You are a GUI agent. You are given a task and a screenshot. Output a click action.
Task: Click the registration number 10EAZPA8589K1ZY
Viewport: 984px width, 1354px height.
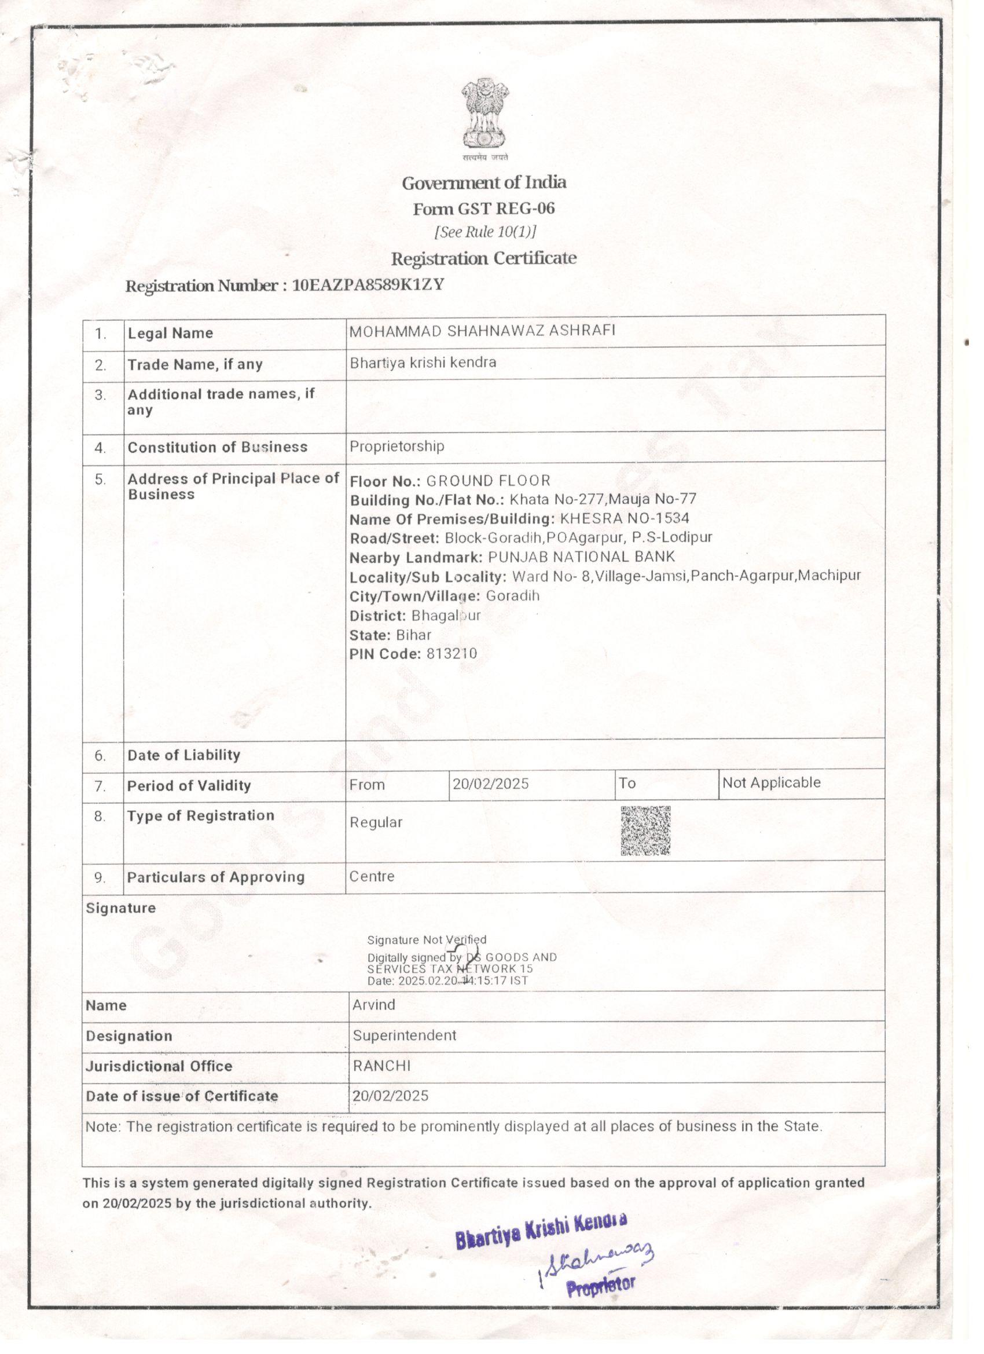coord(368,285)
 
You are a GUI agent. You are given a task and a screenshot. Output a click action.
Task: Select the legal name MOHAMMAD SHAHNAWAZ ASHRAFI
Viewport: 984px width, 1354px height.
coord(482,331)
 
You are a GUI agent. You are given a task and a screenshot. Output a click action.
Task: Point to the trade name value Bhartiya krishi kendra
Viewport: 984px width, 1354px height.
coord(423,363)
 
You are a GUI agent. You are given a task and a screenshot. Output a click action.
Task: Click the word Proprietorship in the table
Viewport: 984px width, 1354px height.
coord(397,446)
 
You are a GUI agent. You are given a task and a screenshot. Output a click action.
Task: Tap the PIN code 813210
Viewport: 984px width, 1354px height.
coord(451,654)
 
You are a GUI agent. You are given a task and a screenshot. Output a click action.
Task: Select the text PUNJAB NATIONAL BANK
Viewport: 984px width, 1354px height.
coord(581,557)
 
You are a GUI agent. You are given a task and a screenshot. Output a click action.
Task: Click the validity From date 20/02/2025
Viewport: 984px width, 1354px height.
coord(490,784)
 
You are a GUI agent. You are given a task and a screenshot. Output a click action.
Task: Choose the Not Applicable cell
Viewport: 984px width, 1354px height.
coord(771,782)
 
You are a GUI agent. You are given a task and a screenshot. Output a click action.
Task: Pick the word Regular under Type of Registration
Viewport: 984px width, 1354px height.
coord(376,822)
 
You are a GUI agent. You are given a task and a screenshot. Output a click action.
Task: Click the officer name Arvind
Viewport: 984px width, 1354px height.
coord(373,1005)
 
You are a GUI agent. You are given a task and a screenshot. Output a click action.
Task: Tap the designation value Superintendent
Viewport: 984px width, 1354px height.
coord(405,1035)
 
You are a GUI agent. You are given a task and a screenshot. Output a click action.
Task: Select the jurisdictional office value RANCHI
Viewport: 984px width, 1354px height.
coord(382,1066)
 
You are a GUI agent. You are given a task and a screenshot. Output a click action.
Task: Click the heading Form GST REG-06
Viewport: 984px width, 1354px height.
coord(484,208)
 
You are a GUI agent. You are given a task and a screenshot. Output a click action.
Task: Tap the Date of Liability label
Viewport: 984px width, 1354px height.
coord(184,755)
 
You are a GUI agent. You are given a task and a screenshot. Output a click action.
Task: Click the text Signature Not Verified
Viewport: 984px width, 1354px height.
coord(427,940)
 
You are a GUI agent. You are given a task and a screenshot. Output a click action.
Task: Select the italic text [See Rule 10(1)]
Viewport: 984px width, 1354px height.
coord(485,232)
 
